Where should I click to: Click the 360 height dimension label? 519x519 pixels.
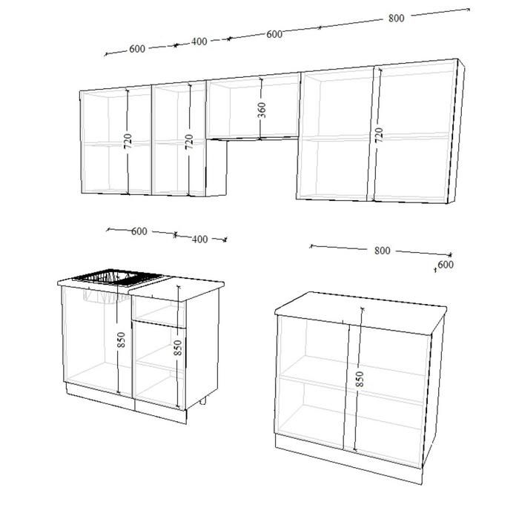(262, 110)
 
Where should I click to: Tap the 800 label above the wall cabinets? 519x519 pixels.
(396, 18)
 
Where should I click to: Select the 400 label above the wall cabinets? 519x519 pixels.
(199, 42)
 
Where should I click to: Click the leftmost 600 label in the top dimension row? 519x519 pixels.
(137, 49)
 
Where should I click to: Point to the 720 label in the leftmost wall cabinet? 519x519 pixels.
(128, 141)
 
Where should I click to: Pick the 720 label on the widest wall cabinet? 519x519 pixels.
(380, 135)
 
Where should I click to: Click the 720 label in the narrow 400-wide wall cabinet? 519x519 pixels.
(189, 142)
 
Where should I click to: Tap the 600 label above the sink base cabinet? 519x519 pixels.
(139, 231)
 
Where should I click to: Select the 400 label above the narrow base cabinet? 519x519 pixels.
(200, 239)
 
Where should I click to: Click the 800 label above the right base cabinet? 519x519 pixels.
(383, 251)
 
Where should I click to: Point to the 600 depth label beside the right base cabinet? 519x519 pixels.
(446, 265)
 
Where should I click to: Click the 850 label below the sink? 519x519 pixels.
(121, 340)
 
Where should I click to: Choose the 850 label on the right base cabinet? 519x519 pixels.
(359, 379)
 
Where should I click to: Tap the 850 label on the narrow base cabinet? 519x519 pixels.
(178, 348)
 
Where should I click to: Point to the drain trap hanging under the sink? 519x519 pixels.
(102, 297)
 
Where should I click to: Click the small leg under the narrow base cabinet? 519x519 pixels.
(203, 401)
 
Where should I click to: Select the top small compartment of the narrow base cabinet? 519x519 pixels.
(159, 311)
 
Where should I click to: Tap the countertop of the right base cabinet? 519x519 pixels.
(361, 313)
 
